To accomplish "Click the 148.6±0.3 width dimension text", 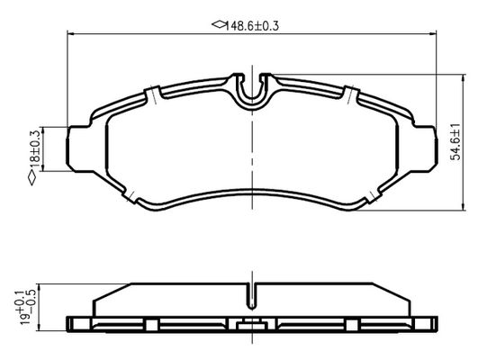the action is pyautogui.click(x=252, y=26).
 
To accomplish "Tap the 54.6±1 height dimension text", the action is pyautogui.click(x=456, y=142).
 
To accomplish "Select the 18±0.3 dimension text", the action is pyautogui.click(x=35, y=148).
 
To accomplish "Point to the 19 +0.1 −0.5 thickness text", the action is pyautogui.click(x=26, y=306).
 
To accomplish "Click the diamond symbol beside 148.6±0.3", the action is pyautogui.click(x=218, y=24).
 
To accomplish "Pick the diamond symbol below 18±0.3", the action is pyautogui.click(x=32, y=178).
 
